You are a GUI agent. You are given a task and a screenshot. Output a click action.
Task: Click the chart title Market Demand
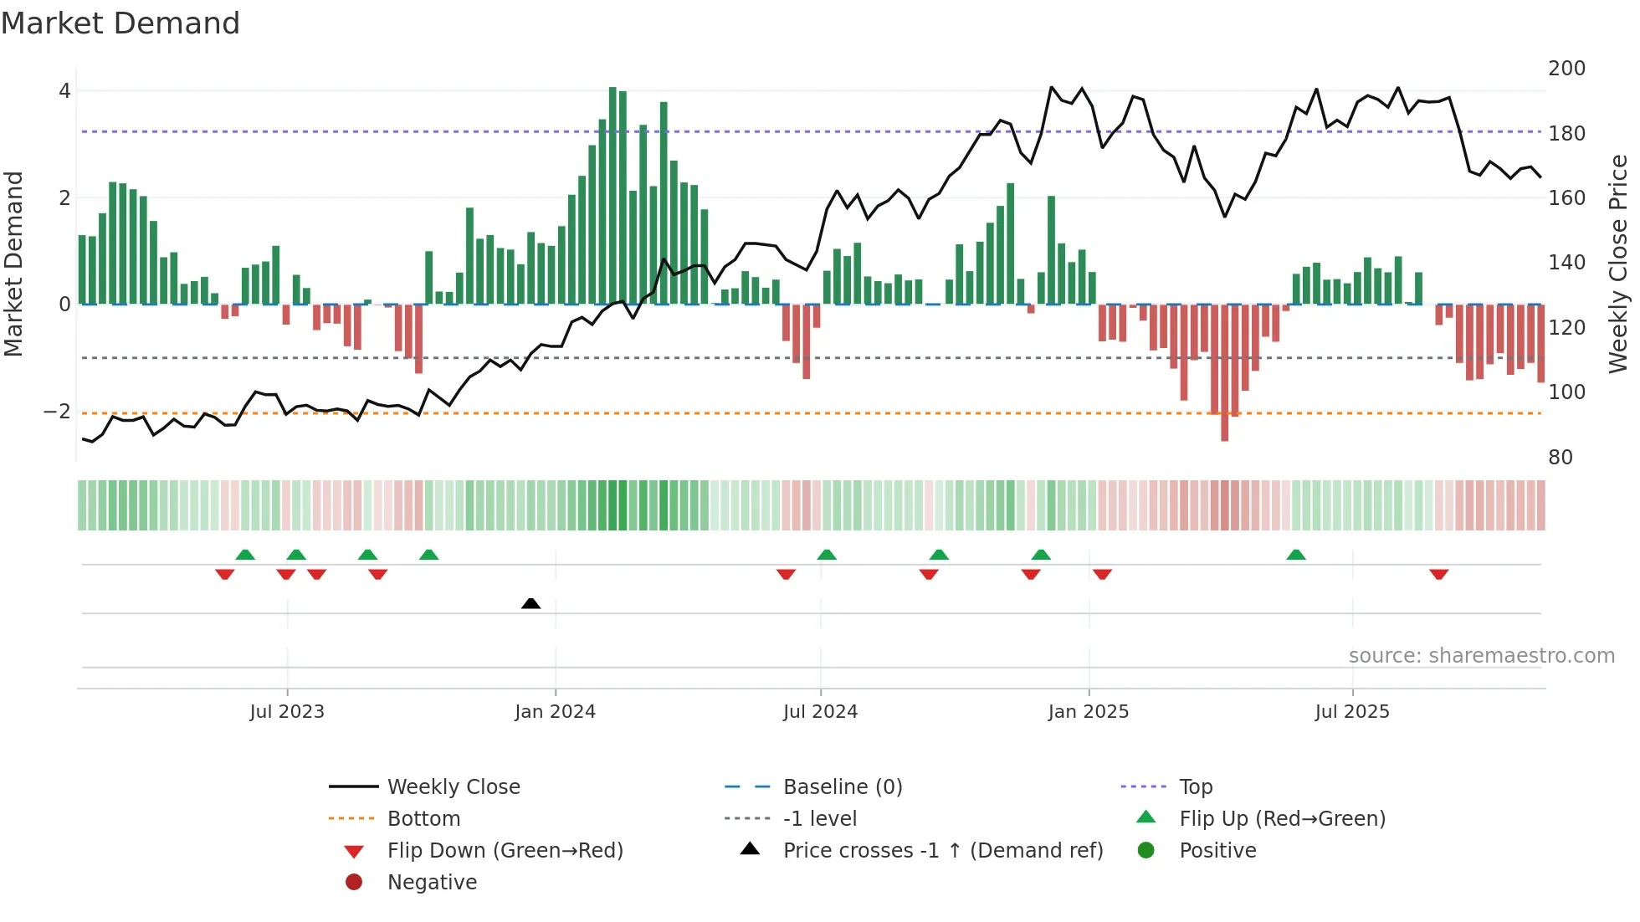point(120,23)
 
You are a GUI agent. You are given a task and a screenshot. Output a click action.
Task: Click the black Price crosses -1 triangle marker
point(530,603)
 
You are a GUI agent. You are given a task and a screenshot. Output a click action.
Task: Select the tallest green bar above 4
point(612,195)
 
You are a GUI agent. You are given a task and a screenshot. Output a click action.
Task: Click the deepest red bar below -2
point(1224,372)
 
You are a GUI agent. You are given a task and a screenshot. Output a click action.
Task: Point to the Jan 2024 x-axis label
point(555,712)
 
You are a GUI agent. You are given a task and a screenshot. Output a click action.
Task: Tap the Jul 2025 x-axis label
point(1351,712)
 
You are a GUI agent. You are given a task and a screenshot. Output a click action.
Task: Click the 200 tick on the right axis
point(1566,69)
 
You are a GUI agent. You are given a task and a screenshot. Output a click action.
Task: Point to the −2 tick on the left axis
point(57,412)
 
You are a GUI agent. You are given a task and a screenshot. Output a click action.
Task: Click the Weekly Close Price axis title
point(1618,264)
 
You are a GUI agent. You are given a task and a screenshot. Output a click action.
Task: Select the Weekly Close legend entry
point(453,787)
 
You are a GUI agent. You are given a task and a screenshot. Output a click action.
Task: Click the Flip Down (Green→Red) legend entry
point(505,851)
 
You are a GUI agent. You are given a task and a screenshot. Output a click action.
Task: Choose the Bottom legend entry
point(423,819)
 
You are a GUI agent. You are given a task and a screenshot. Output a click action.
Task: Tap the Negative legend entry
point(432,883)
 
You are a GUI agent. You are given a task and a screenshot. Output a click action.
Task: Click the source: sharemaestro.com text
point(1481,656)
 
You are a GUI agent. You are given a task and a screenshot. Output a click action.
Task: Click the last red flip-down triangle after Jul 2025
point(1438,575)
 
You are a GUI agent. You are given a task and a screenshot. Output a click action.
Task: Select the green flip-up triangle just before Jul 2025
point(1295,555)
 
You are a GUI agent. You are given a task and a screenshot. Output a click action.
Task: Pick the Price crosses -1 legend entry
point(942,851)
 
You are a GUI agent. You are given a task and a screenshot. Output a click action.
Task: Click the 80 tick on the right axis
point(1560,458)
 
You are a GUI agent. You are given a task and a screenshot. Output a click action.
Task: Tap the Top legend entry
point(1195,787)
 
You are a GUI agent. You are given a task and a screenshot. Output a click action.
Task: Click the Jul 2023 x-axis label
point(286,712)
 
